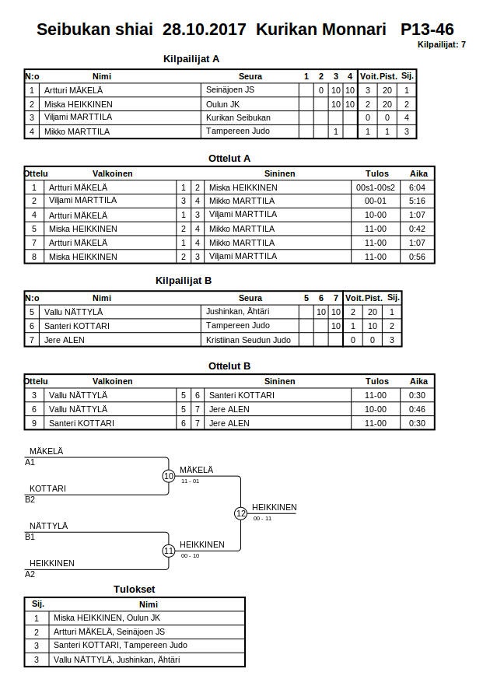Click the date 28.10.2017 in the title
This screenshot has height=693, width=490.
(x=204, y=30)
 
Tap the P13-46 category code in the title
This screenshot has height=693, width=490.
(x=428, y=30)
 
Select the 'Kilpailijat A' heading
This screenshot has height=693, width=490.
(x=191, y=58)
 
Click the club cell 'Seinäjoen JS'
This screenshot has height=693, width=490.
(x=231, y=90)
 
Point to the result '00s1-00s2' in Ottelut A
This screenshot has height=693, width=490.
(x=375, y=187)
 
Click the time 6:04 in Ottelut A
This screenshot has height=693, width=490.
(x=417, y=187)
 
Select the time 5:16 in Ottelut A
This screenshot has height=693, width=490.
(x=417, y=201)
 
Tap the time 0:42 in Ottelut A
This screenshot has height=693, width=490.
(x=417, y=229)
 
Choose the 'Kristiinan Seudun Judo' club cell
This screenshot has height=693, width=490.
(x=248, y=340)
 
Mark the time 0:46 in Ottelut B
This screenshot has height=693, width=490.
(x=417, y=409)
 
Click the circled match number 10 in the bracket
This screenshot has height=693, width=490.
(x=169, y=476)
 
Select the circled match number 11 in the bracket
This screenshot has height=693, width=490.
(x=169, y=551)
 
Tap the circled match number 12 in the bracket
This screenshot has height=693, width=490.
(x=240, y=513)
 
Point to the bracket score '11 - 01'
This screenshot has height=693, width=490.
(x=190, y=481)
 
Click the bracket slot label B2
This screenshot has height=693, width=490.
(x=30, y=499)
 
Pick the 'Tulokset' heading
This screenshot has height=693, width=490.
(x=134, y=590)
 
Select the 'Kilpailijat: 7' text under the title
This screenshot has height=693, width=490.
(x=441, y=44)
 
